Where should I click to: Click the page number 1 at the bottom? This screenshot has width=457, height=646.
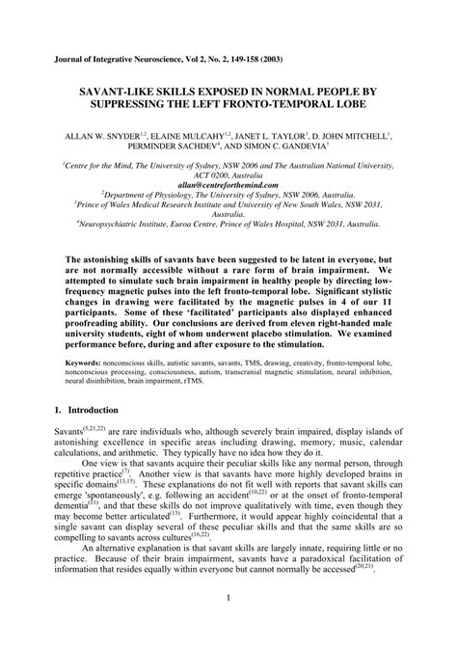tap(228, 624)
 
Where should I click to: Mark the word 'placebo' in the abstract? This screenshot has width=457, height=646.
tap(289, 334)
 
